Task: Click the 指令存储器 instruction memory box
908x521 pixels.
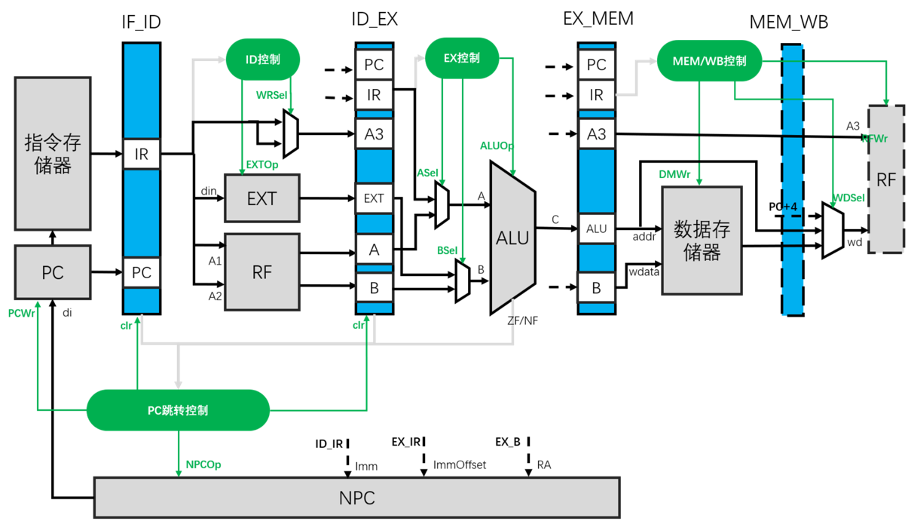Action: coord(53,153)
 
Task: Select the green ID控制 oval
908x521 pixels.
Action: coord(263,59)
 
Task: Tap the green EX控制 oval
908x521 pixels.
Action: coord(462,58)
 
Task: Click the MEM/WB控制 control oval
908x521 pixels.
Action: coord(708,61)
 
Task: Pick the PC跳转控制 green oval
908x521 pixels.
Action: coord(178,410)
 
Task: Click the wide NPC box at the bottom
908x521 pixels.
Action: coord(356,498)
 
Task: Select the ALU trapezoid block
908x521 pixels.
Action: coord(512,238)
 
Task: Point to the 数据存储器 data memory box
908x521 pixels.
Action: coord(702,241)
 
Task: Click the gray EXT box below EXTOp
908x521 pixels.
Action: coord(261,198)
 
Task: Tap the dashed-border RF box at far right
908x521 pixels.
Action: coord(886,179)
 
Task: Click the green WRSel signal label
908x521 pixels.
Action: coord(270,95)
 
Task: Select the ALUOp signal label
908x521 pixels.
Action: coord(496,145)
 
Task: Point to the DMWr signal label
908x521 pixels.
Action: coord(674,174)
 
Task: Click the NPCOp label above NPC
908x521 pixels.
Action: coord(203,464)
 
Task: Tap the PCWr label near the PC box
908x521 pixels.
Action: coord(22,312)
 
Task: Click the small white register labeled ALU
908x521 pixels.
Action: coord(596,228)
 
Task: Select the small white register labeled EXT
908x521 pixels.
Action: coord(374,198)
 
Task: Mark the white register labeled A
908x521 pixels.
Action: coord(374,250)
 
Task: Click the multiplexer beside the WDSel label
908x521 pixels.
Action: coord(832,231)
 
